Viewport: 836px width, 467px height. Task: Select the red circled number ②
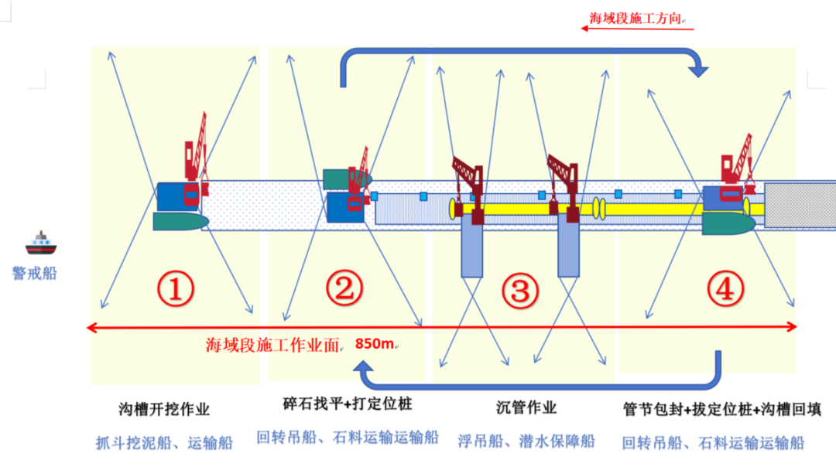click(344, 288)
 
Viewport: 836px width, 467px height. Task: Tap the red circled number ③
click(519, 290)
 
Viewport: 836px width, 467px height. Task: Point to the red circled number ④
click(725, 288)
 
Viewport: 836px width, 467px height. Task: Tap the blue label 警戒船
click(35, 273)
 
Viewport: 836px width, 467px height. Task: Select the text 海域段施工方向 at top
click(635, 18)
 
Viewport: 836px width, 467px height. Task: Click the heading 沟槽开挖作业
click(164, 409)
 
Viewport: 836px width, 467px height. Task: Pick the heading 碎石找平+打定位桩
click(346, 404)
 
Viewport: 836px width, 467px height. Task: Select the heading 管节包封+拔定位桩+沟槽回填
click(722, 407)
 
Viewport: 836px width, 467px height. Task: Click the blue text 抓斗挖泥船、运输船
click(164, 443)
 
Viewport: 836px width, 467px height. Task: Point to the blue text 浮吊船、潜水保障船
click(526, 441)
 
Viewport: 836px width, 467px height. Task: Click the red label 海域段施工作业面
click(272, 345)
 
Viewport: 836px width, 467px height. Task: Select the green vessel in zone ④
click(728, 223)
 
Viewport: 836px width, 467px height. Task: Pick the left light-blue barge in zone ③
click(472, 247)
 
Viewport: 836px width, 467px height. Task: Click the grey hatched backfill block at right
click(800, 205)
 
